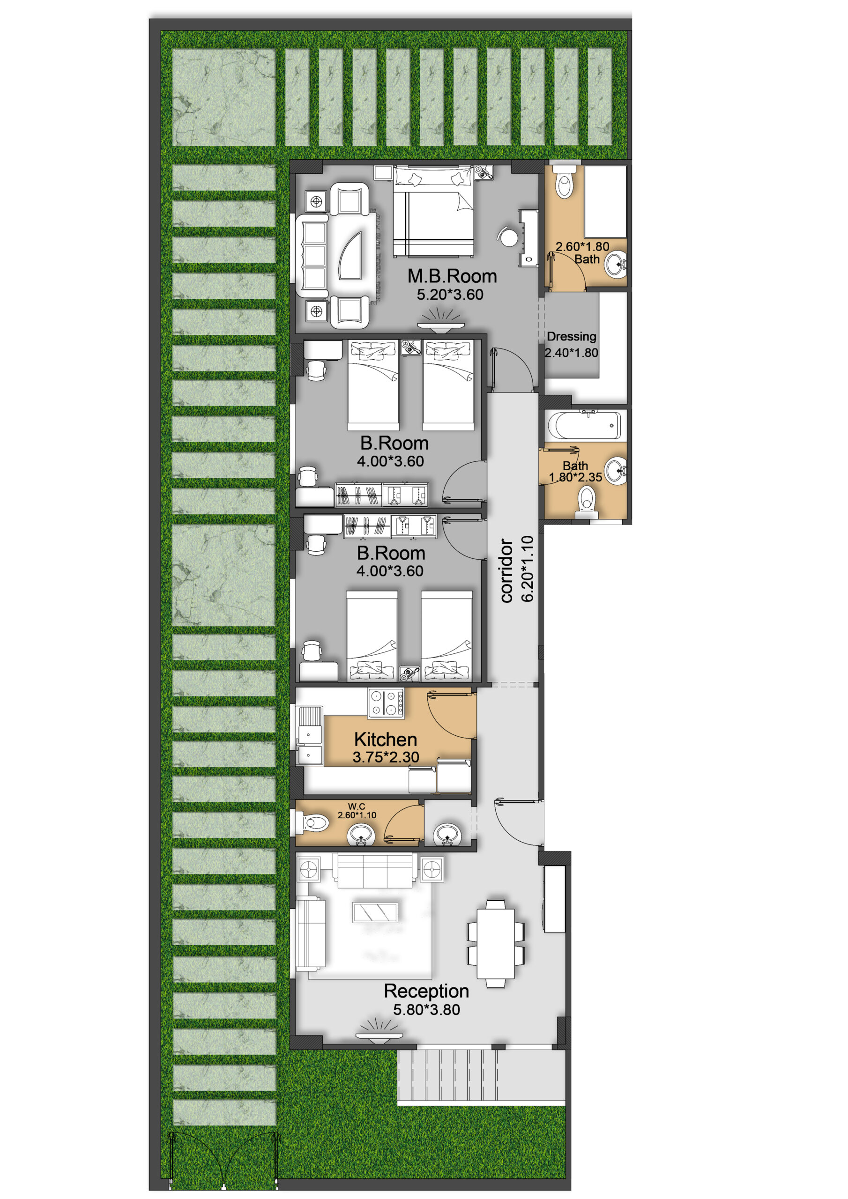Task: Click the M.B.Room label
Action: click(452, 276)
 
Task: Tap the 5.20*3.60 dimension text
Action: click(450, 295)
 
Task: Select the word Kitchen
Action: click(386, 739)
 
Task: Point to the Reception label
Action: click(426, 991)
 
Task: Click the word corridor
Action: click(506, 571)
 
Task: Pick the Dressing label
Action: click(571, 337)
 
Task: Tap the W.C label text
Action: click(357, 807)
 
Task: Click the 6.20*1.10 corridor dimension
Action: click(528, 569)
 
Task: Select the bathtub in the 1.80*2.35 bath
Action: click(584, 425)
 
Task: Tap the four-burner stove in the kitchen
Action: click(386, 703)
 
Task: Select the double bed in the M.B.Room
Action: click(434, 212)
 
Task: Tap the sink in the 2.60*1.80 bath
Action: click(616, 265)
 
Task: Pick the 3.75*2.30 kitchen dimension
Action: click(386, 757)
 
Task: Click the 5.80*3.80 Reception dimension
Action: click(426, 1009)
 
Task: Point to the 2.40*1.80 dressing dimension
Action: click(571, 353)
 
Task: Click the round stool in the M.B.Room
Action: click(508, 236)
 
